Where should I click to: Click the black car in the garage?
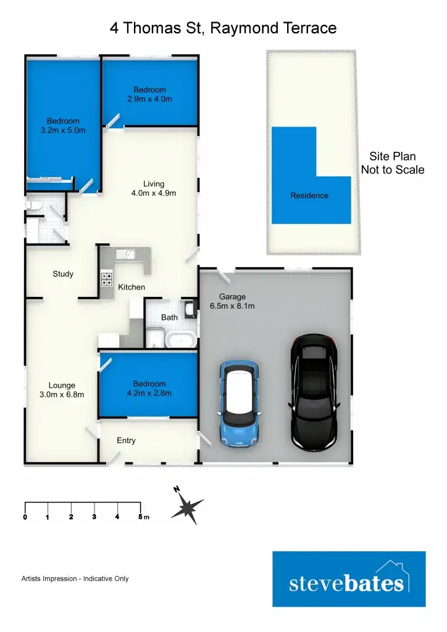point(314,392)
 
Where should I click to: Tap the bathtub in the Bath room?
point(182,339)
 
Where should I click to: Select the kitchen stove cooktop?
point(107,279)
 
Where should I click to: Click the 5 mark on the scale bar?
point(140,517)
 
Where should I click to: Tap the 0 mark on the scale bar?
point(25,517)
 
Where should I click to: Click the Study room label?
point(63,274)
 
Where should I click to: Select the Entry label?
point(126,441)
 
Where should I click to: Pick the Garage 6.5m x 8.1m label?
point(232,301)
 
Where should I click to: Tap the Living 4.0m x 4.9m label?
point(154,188)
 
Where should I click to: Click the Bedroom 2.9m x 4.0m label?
point(149,94)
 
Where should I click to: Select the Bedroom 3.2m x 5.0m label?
point(63,125)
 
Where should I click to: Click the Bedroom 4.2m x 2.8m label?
point(149,388)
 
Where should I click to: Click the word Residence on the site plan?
point(309,196)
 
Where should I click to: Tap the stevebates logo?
point(349,580)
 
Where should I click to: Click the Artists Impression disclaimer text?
point(75,579)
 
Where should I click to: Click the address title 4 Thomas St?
point(223,28)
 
